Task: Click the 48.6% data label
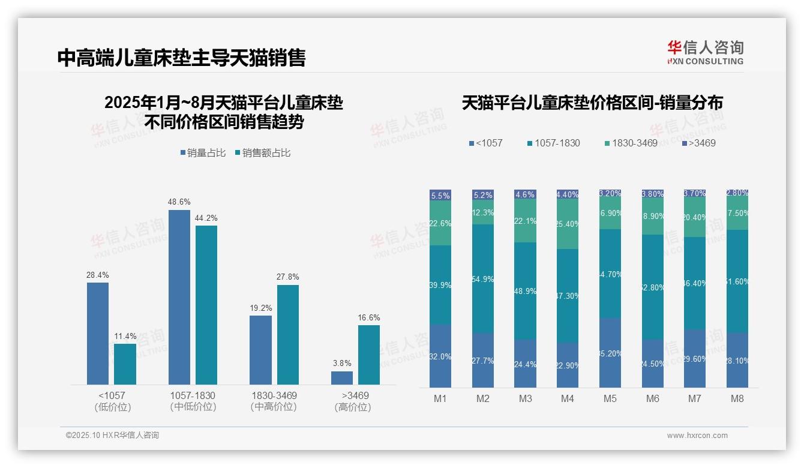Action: (x=179, y=202)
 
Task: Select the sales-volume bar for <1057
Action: (x=98, y=333)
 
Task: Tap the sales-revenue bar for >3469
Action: (x=369, y=355)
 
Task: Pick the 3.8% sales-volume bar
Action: (x=342, y=378)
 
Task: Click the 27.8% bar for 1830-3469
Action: (x=288, y=334)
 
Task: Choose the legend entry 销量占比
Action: (x=203, y=153)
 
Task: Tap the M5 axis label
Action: (x=610, y=398)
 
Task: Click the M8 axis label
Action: (x=737, y=398)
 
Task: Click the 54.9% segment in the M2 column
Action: (x=483, y=279)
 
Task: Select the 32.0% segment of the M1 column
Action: (x=440, y=356)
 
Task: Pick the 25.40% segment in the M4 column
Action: (x=568, y=224)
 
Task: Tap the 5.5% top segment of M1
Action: (x=440, y=196)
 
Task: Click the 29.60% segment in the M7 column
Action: (x=695, y=358)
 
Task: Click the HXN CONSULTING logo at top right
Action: (x=705, y=52)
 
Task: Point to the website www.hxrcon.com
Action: (x=697, y=436)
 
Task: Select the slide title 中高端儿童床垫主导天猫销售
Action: (x=181, y=58)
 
